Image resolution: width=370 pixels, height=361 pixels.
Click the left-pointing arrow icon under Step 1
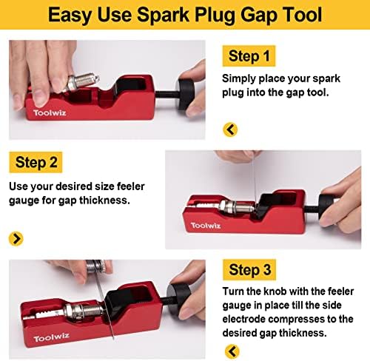pos(230,130)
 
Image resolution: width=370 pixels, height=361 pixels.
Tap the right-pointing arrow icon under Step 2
pos(16,238)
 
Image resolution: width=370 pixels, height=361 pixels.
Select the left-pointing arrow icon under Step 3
pos(230,349)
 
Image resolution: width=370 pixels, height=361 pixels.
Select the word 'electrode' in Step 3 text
pos(249,319)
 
